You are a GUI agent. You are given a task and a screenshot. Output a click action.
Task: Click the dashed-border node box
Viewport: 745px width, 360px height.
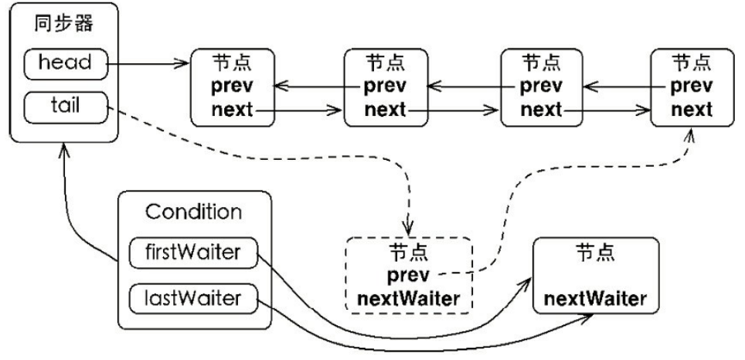(408, 274)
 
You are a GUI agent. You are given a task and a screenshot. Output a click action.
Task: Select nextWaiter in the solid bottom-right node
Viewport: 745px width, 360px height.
(597, 297)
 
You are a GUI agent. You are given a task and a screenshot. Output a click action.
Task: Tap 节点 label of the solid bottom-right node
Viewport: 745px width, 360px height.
(596, 252)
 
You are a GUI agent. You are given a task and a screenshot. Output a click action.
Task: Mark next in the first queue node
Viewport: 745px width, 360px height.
(232, 109)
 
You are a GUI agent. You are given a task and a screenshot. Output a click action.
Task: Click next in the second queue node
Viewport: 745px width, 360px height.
(385, 109)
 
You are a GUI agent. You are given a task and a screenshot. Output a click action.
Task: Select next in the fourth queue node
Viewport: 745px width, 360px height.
(692, 109)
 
